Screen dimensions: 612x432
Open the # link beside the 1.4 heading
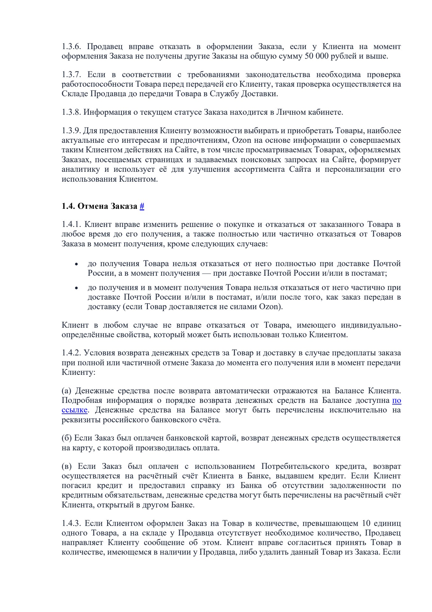tap(142, 206)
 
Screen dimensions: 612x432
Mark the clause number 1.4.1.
tap(72, 224)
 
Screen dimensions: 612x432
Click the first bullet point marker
tap(76, 265)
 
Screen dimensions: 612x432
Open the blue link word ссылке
tap(74, 410)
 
